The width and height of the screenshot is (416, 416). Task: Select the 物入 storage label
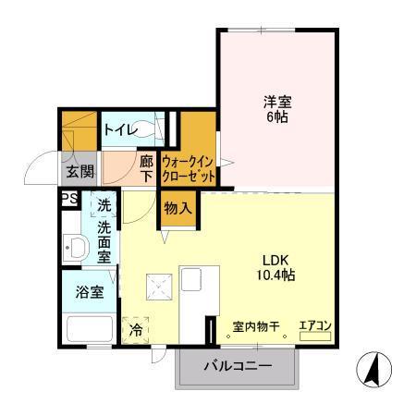[x=178, y=208]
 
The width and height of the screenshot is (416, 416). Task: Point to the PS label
[x=67, y=198]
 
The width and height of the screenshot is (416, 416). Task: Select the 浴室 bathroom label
[x=89, y=292]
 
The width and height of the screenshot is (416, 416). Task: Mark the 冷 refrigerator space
[x=136, y=328]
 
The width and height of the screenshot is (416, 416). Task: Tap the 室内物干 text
[x=254, y=326]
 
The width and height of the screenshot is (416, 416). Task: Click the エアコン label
[x=314, y=325]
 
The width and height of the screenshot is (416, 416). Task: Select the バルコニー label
[x=238, y=366]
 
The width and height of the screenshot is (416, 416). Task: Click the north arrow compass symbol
[x=371, y=371]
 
